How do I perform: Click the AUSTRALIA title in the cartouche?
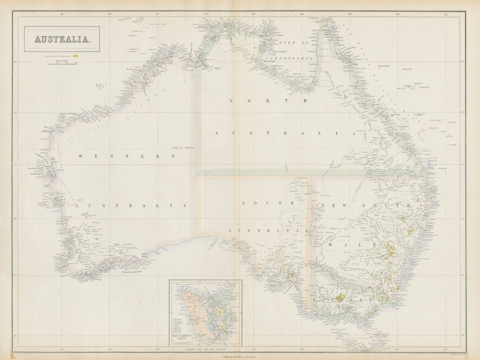pos(62,39)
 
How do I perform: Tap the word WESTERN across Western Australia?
pos(126,156)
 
